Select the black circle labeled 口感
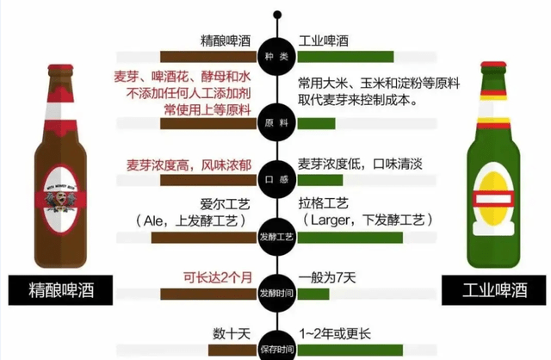276,178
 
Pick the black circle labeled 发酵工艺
276,233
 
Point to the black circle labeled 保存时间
276,346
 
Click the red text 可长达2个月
216,277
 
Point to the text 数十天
231,332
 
